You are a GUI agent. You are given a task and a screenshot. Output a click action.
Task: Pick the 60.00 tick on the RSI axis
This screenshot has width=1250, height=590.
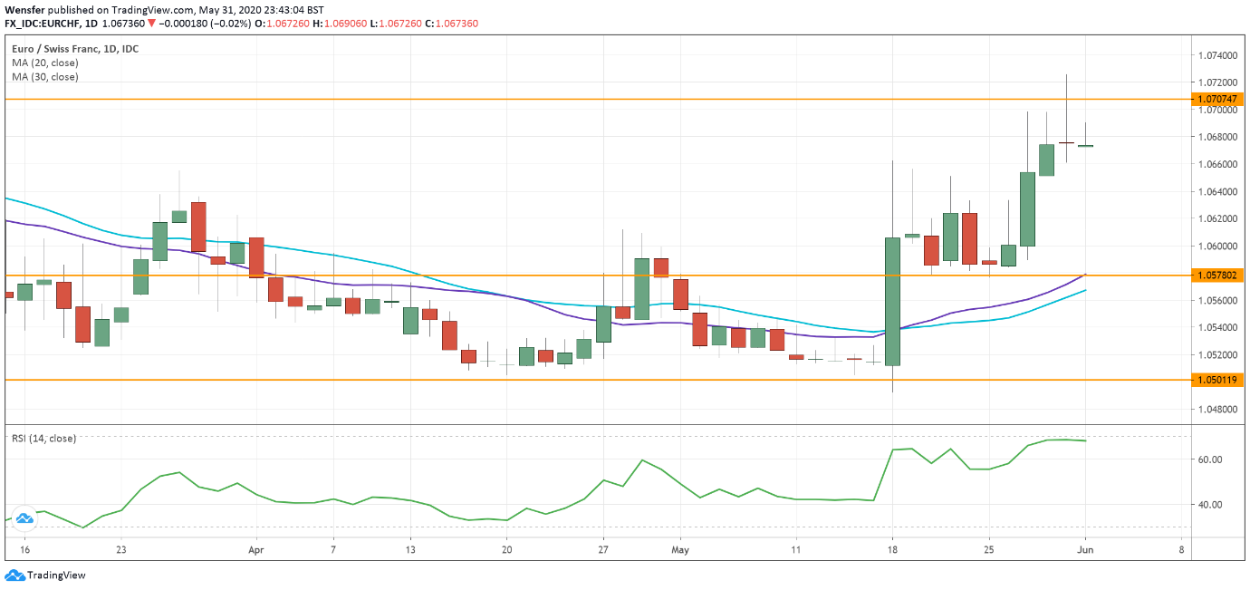(1210, 459)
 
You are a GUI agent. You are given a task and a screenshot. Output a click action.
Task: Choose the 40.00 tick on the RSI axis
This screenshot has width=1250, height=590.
(1210, 505)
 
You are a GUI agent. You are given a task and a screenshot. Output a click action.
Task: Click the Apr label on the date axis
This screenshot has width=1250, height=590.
(255, 549)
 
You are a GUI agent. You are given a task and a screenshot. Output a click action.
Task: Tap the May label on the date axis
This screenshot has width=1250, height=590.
(682, 549)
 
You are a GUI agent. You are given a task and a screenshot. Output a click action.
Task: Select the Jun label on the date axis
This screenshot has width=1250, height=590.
(1085, 549)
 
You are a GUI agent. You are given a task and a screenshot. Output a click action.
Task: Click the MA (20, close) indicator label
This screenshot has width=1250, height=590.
(45, 63)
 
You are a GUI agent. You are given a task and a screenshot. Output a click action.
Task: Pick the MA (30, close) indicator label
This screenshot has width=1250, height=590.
(45, 77)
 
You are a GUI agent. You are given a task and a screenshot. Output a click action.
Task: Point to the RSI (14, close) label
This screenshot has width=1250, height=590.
(43, 439)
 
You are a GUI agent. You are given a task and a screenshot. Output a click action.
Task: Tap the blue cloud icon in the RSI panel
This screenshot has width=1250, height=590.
(24, 517)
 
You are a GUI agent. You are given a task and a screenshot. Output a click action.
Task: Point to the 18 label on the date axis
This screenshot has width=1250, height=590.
(892, 549)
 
